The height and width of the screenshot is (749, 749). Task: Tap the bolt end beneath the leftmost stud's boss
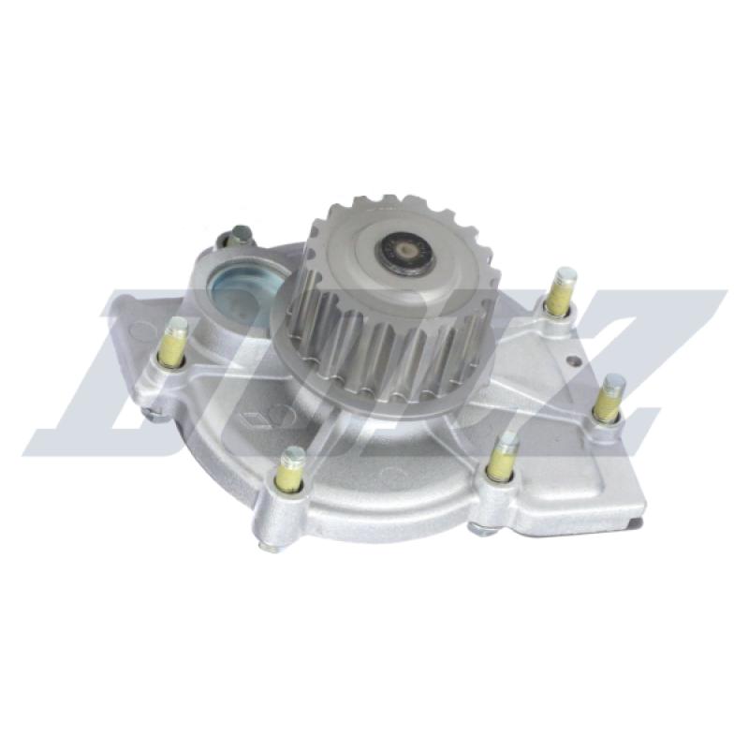pyautogui.click(x=155, y=413)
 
